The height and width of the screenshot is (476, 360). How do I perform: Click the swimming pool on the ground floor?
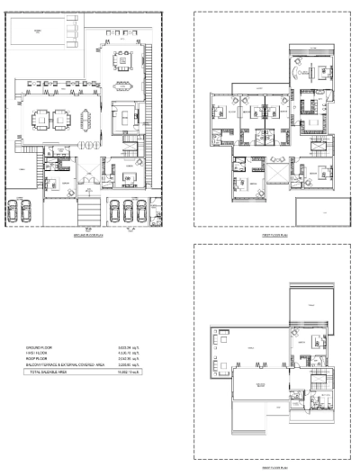coord(39,33)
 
